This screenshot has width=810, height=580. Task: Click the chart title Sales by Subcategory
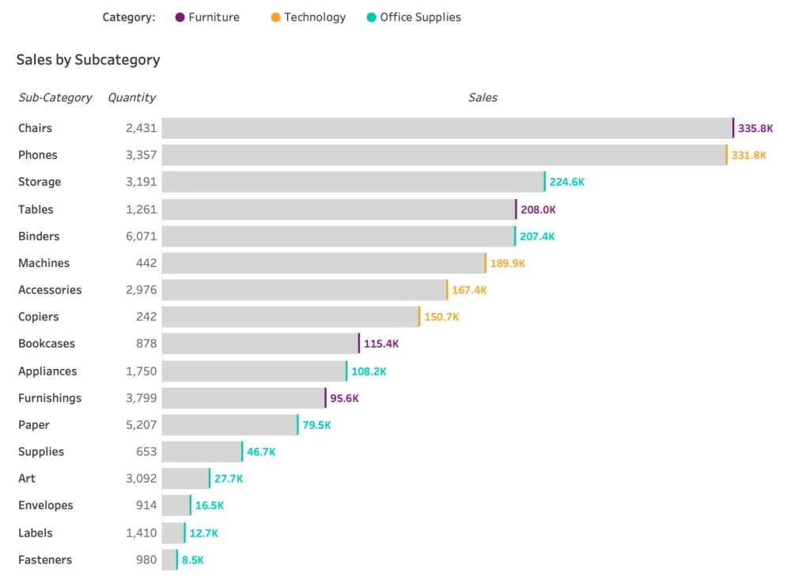point(88,59)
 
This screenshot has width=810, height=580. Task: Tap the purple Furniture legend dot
point(180,17)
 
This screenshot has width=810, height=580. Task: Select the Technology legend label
point(315,17)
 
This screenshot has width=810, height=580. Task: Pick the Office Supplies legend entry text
point(420,17)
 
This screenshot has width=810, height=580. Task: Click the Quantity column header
point(131,98)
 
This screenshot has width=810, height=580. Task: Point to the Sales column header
point(483,98)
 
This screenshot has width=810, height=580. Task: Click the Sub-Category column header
point(55,98)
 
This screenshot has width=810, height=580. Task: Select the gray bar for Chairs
point(447,128)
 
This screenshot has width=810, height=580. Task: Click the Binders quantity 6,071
point(142,236)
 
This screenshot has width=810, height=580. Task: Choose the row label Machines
point(44,263)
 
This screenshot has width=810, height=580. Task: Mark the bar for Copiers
point(290,317)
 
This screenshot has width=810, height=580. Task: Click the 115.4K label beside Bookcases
point(381,345)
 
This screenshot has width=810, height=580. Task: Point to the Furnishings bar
point(243,398)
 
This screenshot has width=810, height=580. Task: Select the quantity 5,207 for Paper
point(142,425)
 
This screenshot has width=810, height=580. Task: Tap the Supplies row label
point(41,452)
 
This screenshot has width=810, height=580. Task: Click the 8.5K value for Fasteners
point(192,560)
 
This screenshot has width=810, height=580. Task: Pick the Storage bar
point(353,182)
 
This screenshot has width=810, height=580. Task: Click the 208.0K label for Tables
point(538,209)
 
